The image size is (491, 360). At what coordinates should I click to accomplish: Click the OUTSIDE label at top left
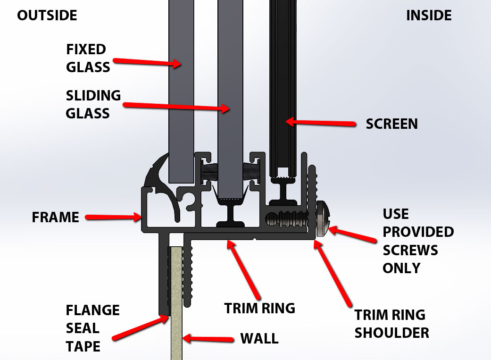click(x=47, y=16)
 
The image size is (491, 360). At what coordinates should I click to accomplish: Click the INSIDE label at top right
click(x=429, y=16)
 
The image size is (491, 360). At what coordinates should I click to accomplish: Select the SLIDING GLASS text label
click(x=93, y=104)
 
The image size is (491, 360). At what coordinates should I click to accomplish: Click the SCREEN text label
click(x=391, y=124)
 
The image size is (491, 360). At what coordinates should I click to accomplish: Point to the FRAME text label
click(x=55, y=218)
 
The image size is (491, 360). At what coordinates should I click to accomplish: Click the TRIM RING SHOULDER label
click(x=391, y=324)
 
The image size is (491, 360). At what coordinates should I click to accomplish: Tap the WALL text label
click(x=259, y=338)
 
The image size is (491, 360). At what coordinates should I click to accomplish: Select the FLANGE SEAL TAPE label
click(x=92, y=328)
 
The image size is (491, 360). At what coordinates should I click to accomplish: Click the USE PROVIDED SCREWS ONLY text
click(x=418, y=241)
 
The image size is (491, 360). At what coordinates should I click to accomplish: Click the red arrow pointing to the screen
click(x=320, y=123)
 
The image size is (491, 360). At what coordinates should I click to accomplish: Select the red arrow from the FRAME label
click(x=113, y=218)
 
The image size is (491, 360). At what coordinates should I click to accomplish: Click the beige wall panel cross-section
click(x=175, y=302)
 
